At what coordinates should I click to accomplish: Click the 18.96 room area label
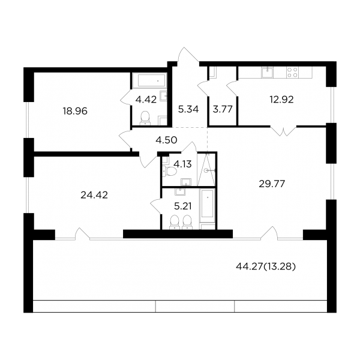(x=75, y=112)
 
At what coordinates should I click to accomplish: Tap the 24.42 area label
(x=94, y=195)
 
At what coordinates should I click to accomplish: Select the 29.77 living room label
(x=272, y=184)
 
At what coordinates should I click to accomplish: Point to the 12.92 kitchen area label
(x=281, y=100)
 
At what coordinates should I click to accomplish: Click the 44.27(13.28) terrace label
(x=266, y=266)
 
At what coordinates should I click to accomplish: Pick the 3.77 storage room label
(x=223, y=109)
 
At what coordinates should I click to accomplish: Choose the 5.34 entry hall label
(x=188, y=109)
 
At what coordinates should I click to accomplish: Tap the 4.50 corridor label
(x=166, y=140)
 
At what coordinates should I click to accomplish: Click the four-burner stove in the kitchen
(x=292, y=73)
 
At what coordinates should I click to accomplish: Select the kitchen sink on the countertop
(x=268, y=73)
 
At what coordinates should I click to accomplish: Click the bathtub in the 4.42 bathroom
(x=149, y=80)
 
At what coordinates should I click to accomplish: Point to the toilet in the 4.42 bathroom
(x=145, y=118)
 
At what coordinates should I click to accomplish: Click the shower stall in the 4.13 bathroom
(x=206, y=169)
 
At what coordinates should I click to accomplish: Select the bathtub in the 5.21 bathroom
(x=208, y=203)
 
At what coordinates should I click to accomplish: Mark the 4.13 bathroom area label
(x=182, y=164)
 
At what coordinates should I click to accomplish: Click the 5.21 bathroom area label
(x=183, y=206)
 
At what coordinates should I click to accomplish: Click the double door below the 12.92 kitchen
(x=283, y=131)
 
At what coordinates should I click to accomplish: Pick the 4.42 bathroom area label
(x=146, y=100)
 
